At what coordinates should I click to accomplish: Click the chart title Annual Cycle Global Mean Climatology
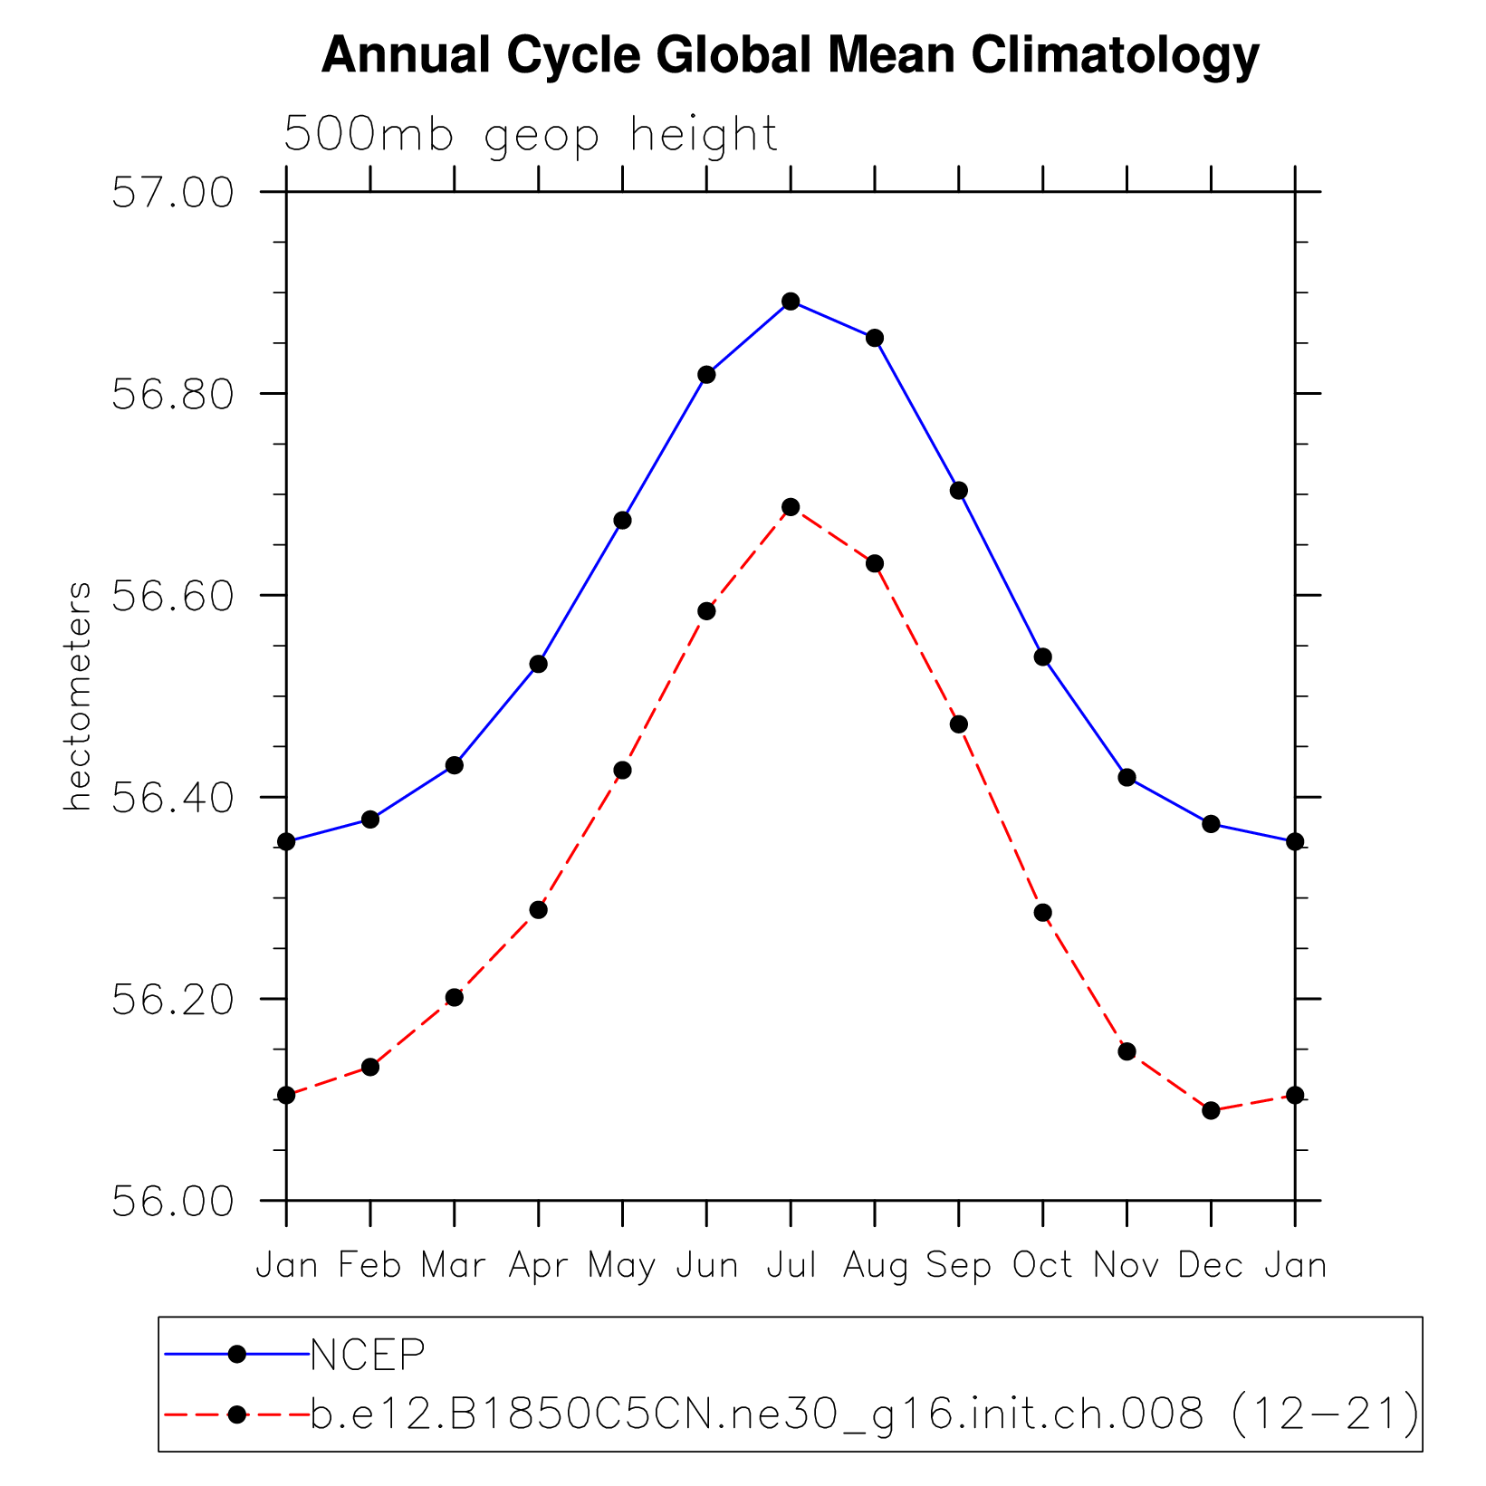(x=790, y=56)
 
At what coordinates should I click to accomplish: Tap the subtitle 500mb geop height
(x=531, y=136)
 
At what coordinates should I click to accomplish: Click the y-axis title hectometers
(x=79, y=696)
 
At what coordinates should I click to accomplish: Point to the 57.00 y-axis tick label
(x=172, y=194)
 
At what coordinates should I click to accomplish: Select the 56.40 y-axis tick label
(x=172, y=799)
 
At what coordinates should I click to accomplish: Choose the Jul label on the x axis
(x=791, y=1265)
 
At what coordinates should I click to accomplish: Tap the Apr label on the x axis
(x=539, y=1266)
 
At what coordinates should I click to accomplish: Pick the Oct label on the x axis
(x=1042, y=1265)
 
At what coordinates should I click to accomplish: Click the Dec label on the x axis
(x=1211, y=1265)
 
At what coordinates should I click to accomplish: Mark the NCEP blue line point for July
(x=791, y=302)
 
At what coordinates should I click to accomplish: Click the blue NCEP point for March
(x=455, y=765)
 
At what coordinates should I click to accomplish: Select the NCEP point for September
(x=959, y=491)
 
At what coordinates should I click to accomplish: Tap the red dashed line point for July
(x=791, y=507)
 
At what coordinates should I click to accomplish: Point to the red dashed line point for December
(x=1211, y=1110)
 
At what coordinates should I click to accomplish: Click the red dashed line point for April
(x=539, y=910)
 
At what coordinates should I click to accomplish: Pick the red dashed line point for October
(x=1043, y=913)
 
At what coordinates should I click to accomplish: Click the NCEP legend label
(x=368, y=1355)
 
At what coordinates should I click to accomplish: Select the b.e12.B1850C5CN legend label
(x=865, y=1414)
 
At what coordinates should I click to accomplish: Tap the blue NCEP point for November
(x=1127, y=778)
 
